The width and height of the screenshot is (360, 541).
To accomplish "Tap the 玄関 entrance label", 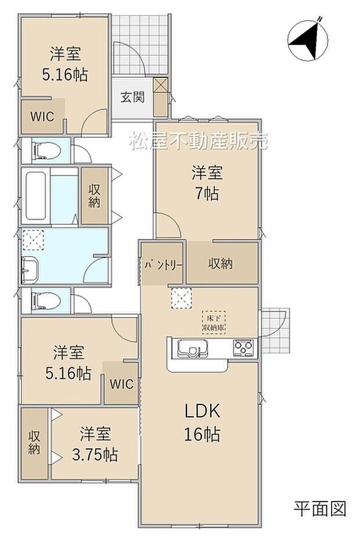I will pyautogui.click(x=132, y=97).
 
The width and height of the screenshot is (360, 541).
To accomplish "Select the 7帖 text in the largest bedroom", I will pyautogui.click(x=207, y=194).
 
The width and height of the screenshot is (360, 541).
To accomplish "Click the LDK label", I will pyautogui.click(x=201, y=411).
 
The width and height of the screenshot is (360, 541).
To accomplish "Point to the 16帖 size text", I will pyautogui.click(x=201, y=433).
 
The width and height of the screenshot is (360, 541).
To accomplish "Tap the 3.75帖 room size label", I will pyautogui.click(x=96, y=454).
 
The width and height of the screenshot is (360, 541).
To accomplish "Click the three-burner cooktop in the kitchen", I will pyautogui.click(x=243, y=348).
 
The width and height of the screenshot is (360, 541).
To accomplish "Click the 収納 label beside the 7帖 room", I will pyautogui.click(x=221, y=264).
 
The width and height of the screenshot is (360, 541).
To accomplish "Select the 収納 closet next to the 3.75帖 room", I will pyautogui.click(x=34, y=442).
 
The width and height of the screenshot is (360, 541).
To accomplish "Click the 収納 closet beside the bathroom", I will pyautogui.click(x=95, y=196).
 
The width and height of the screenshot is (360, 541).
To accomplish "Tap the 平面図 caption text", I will pyautogui.click(x=319, y=509).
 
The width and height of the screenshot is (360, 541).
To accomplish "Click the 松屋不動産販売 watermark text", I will pyautogui.click(x=199, y=141).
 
